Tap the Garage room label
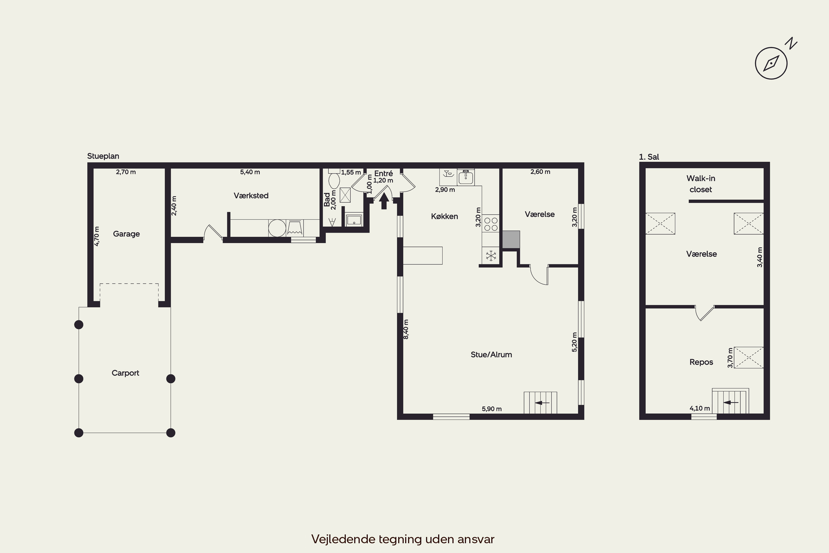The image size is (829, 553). (126, 234)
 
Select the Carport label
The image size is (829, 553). (125, 373)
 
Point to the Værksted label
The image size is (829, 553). (251, 195)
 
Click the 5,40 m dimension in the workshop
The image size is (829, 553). (250, 172)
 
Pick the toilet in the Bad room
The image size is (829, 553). (334, 178)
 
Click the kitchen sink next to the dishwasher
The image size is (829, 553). (466, 177)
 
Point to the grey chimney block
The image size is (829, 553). (511, 239)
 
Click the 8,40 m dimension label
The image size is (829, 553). (406, 329)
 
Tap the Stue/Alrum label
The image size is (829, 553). (491, 354)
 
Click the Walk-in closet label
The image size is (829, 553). (701, 184)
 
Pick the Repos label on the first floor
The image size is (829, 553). (701, 362)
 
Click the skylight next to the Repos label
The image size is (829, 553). (749, 358)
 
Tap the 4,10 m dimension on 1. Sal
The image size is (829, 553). (700, 408)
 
